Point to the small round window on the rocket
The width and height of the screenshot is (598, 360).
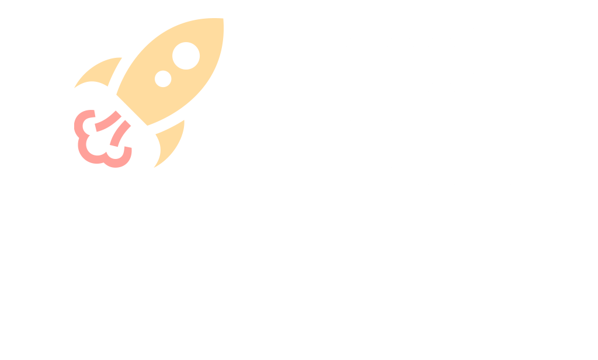[163, 78]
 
